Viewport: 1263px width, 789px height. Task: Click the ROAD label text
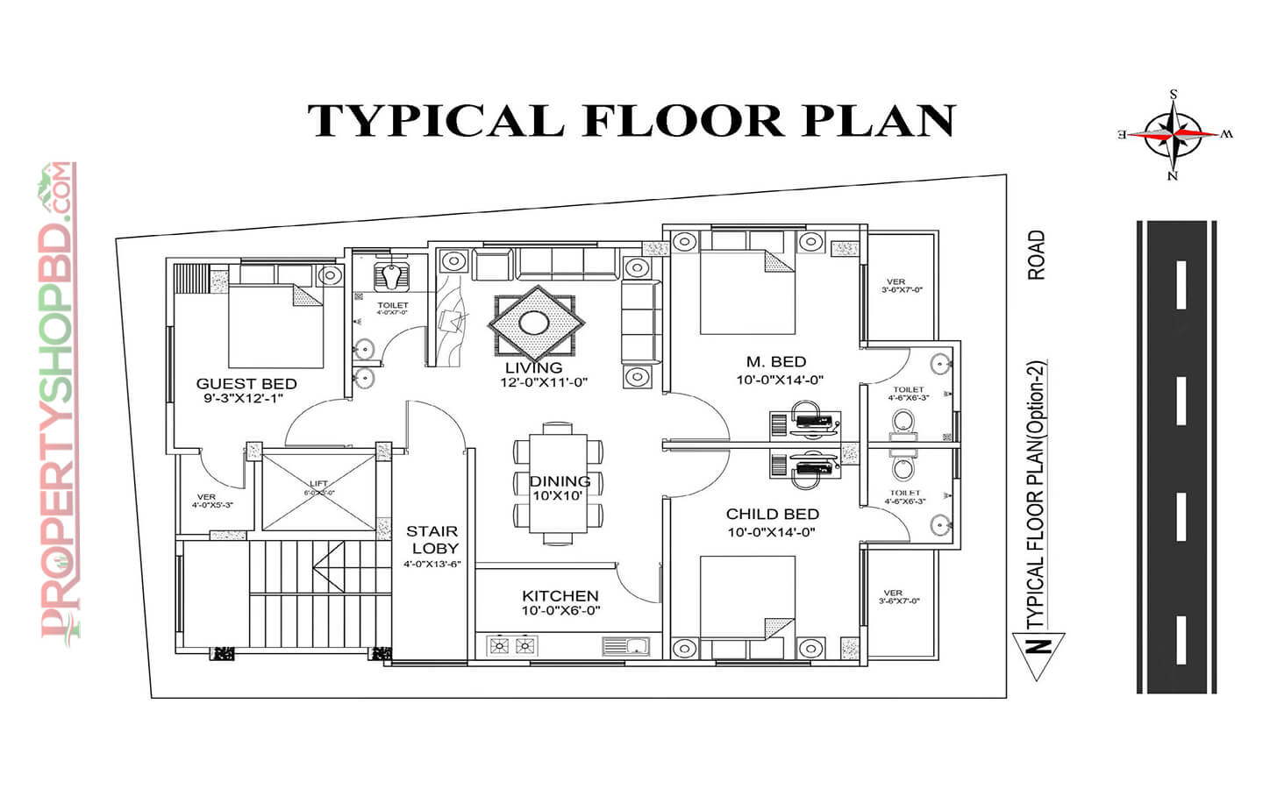pyautogui.click(x=1036, y=255)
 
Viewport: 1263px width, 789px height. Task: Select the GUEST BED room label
pyautogui.click(x=246, y=383)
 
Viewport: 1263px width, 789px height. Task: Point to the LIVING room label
pyautogui.click(x=533, y=367)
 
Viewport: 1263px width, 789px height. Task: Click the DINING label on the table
pyautogui.click(x=560, y=480)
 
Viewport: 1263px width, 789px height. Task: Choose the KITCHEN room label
pyautogui.click(x=560, y=596)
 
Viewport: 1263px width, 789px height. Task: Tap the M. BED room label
pyautogui.click(x=776, y=361)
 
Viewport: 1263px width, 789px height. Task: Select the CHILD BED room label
pyautogui.click(x=772, y=515)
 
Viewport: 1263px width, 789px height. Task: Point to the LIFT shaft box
pyautogui.click(x=318, y=491)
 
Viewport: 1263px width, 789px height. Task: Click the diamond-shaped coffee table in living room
pyautogui.click(x=535, y=323)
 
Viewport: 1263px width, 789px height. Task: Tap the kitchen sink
pyautogui.click(x=625, y=647)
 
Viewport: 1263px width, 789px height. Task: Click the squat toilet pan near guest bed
pyautogui.click(x=390, y=276)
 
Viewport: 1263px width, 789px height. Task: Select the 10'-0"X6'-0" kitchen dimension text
pyautogui.click(x=560, y=611)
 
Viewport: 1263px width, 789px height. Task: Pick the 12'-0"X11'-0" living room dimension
pyautogui.click(x=543, y=382)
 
